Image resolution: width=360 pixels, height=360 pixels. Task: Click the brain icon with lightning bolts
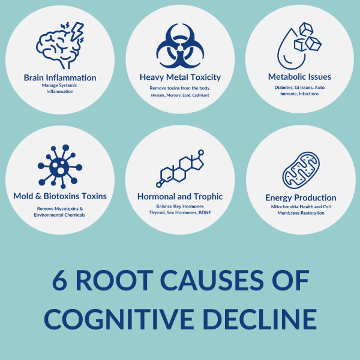60,46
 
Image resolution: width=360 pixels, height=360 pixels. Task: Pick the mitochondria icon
300,170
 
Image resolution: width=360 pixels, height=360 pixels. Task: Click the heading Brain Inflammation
60,77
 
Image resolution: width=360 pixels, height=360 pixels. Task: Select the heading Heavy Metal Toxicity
180,77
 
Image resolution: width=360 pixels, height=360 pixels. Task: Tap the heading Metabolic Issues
300,77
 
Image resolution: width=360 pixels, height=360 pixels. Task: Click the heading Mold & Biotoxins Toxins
60,196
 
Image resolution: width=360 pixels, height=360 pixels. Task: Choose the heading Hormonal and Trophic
180,196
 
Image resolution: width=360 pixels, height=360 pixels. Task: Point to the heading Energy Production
301,197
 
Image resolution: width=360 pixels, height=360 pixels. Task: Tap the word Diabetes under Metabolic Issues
280,87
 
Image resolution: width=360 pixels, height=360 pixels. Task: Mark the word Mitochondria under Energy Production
287,206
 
